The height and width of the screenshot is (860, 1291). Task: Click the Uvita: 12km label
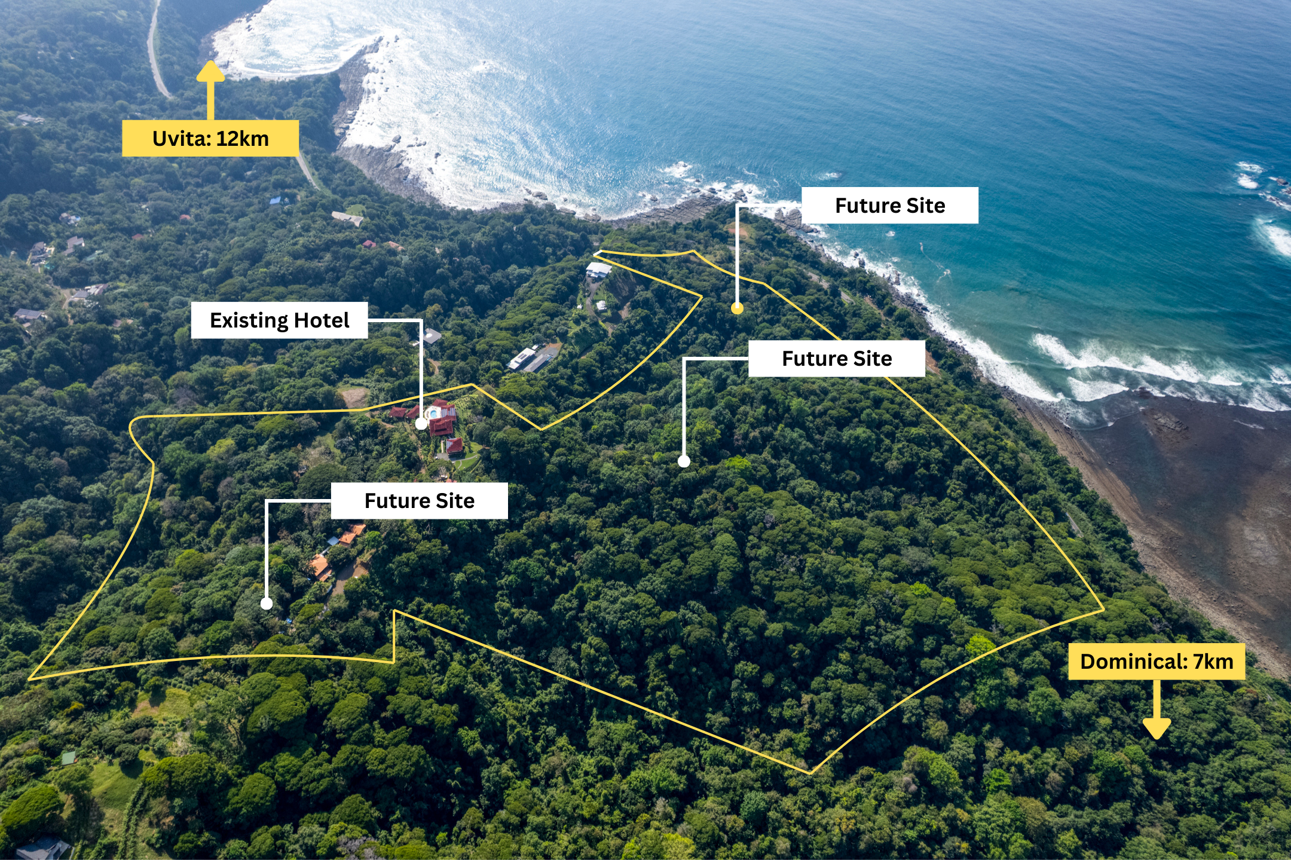[210, 138]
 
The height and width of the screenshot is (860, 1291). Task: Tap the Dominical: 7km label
[1157, 662]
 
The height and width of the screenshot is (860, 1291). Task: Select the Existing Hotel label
[279, 320]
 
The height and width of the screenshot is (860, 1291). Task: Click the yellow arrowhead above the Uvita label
[210, 71]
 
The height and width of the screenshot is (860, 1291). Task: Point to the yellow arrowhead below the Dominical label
[1157, 729]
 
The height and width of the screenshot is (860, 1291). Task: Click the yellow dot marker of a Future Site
[738, 308]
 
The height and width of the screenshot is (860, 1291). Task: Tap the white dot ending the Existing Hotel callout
[421, 424]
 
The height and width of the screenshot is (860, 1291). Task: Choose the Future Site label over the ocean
[889, 206]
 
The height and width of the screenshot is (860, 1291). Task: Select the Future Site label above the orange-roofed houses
[419, 501]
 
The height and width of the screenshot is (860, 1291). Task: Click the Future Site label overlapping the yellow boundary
[836, 359]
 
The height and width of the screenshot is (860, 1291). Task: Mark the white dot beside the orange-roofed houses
[267, 604]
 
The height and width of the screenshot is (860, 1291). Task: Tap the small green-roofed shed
[69, 758]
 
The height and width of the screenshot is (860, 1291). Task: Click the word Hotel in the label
[322, 320]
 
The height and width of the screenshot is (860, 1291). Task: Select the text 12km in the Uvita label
[242, 138]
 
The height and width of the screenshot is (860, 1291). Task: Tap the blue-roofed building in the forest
[276, 200]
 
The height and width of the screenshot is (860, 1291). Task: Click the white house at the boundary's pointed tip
[598, 270]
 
